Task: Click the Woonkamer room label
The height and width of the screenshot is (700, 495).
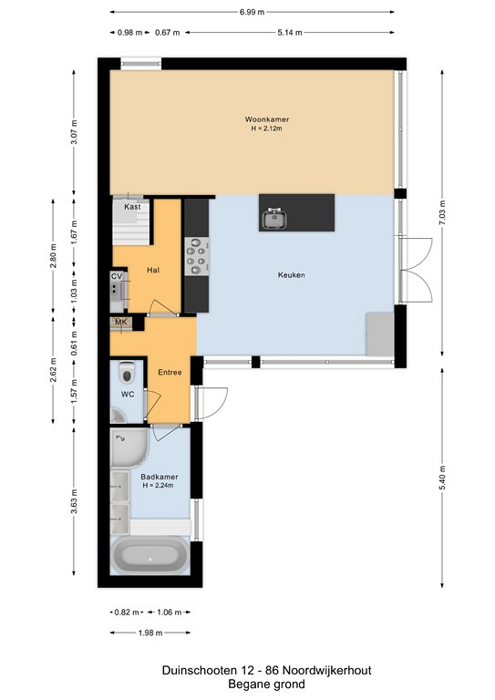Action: [266, 119]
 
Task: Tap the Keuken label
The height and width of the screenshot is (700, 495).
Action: [292, 274]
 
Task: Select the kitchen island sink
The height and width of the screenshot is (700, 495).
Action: [274, 219]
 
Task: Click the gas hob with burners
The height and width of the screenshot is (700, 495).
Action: [197, 256]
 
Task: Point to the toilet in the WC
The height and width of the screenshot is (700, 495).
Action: [128, 372]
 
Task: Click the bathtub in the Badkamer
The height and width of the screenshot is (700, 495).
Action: [150, 556]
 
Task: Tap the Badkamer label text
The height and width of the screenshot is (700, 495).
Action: [160, 477]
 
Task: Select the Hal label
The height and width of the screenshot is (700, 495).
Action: [153, 270]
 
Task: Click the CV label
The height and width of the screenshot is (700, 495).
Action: [117, 276]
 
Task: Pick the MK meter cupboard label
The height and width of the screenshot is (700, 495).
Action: [121, 322]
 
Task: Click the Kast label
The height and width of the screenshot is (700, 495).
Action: [132, 207]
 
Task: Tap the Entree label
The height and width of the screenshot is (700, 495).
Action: [170, 372]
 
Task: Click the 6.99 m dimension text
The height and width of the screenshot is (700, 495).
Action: [253, 12]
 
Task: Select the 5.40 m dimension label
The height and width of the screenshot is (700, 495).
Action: [442, 478]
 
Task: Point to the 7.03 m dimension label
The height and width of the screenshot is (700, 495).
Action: [442, 213]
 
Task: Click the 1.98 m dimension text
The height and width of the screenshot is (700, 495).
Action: [150, 633]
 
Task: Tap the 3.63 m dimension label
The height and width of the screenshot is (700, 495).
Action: [74, 501]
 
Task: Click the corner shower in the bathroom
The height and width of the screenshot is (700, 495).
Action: [129, 448]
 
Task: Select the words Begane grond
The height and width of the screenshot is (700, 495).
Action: [266, 684]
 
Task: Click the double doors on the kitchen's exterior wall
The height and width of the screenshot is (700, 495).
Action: [416, 270]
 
